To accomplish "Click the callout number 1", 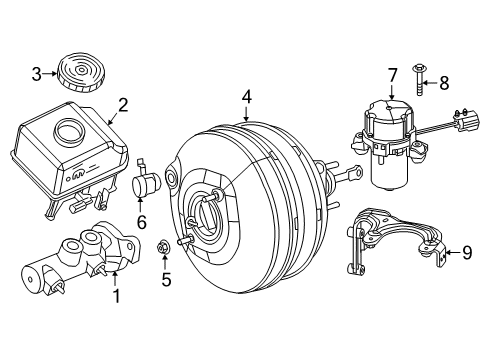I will pyautogui.click(x=117, y=295).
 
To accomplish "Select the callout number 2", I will pyautogui.click(x=122, y=103).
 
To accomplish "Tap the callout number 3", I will pyautogui.click(x=36, y=73).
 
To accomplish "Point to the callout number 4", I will pyautogui.click(x=245, y=98).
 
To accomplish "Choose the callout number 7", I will pyautogui.click(x=392, y=73).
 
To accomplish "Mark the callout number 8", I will pyautogui.click(x=446, y=84).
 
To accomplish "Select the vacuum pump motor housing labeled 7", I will pyautogui.click(x=390, y=140).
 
